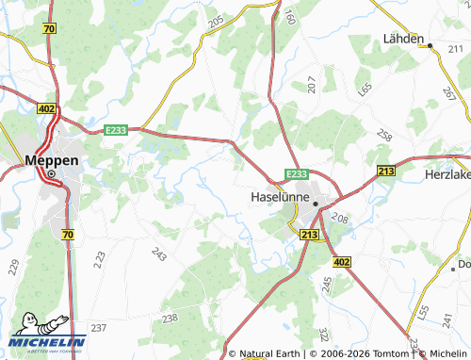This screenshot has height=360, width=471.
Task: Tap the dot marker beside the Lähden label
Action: click(428, 44)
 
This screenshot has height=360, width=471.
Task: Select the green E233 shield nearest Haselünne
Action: click(296, 173)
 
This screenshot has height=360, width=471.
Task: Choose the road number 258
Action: click(383, 136)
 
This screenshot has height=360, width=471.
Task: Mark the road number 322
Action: click(323, 334)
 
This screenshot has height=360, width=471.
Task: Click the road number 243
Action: click(158, 253)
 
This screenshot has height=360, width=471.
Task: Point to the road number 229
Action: click(13, 267)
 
